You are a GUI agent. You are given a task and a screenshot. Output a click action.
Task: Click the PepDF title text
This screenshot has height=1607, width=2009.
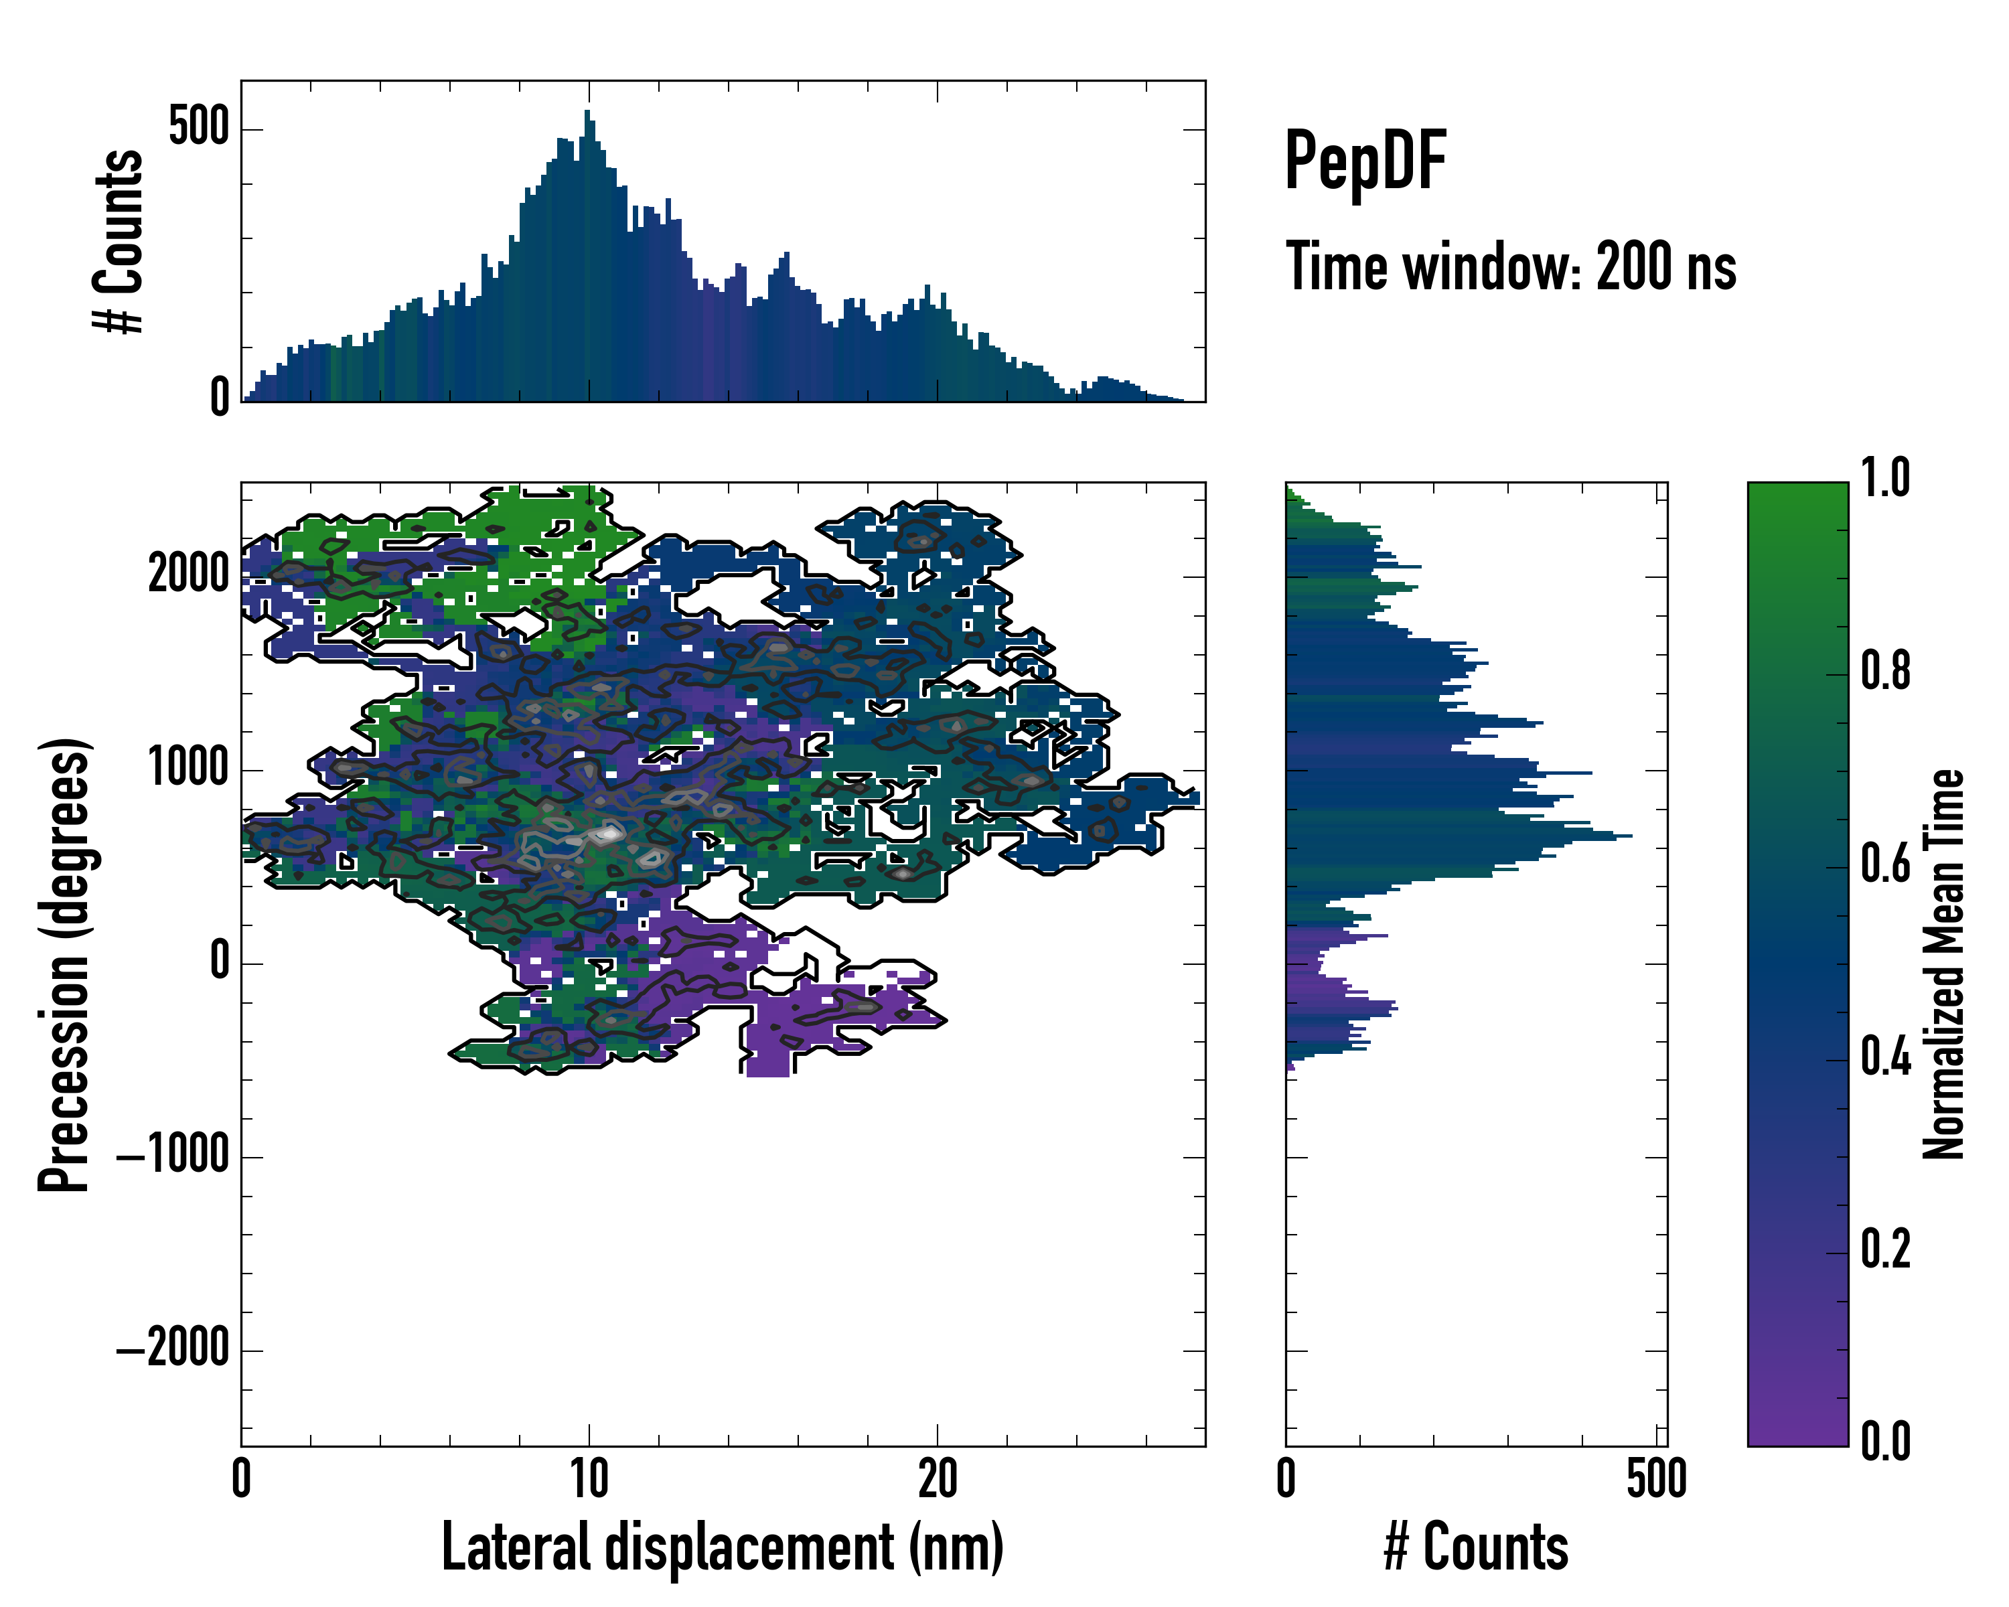click(1364, 162)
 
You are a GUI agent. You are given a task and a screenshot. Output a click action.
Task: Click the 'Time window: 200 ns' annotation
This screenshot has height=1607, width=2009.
click(1509, 267)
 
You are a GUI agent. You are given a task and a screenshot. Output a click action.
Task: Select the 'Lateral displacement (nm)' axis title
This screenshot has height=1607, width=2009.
click(722, 1547)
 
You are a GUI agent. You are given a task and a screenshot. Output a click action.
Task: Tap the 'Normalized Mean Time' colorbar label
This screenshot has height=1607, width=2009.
click(1944, 964)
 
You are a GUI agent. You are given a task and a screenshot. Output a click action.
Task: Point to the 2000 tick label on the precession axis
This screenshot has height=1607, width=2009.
click(188, 574)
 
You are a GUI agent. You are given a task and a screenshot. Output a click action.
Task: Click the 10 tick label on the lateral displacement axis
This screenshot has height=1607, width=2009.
click(589, 1478)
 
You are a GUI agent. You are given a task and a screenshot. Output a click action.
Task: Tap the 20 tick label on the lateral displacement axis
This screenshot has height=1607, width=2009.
click(936, 1478)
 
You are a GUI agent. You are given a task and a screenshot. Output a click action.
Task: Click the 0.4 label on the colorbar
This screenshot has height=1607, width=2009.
click(1885, 1059)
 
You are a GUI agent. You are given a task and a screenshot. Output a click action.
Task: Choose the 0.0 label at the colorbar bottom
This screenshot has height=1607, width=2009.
click(1885, 1441)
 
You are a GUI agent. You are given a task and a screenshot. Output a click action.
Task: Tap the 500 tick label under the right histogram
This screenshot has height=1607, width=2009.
click(1656, 1478)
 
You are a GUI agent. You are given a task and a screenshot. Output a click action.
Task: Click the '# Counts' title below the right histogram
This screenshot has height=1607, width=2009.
click(1475, 1547)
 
